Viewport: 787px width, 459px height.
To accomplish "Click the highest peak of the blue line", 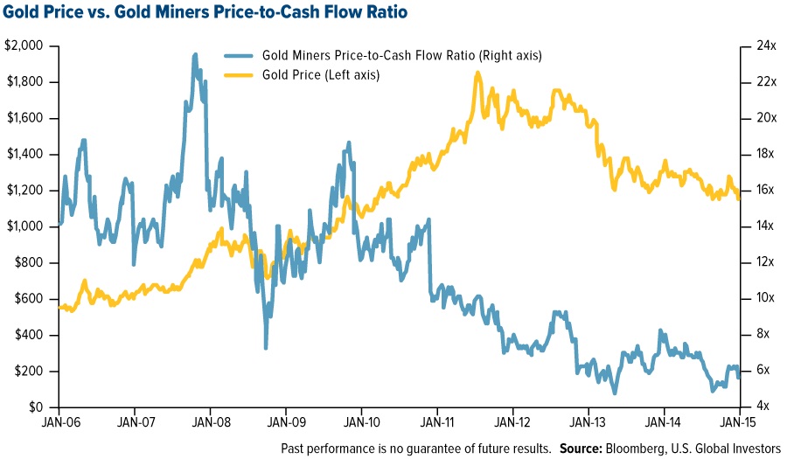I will [194, 54].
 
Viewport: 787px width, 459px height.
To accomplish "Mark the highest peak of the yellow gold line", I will [477, 73].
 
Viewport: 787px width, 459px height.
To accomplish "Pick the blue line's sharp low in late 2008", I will [266, 348].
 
